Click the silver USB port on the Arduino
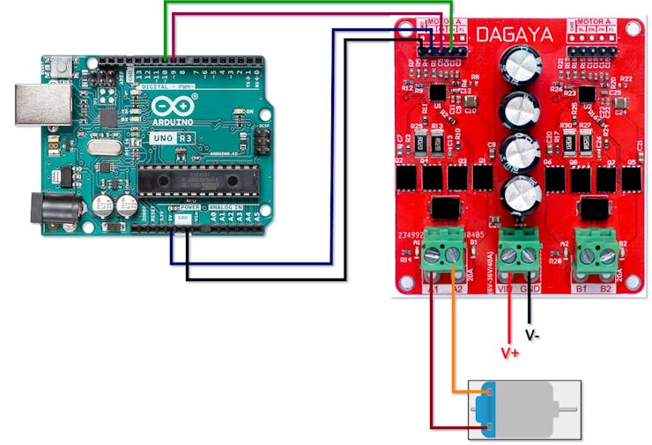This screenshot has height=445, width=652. click(41, 104)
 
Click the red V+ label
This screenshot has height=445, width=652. click(510, 352)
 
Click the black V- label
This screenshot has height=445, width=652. click(532, 335)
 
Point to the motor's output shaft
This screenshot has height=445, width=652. click(572, 411)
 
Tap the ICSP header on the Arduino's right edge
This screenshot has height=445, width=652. click(262, 140)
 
